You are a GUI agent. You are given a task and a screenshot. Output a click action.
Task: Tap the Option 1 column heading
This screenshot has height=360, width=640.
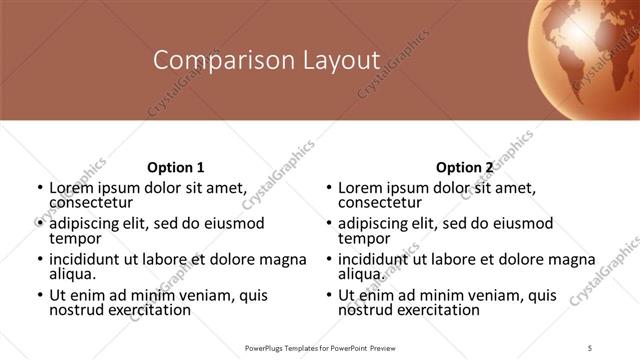pos(175,167)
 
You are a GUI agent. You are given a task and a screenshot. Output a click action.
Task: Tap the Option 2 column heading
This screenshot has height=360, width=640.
pos(464,167)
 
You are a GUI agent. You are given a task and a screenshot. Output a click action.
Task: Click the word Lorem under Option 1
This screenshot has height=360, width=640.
pos(71,187)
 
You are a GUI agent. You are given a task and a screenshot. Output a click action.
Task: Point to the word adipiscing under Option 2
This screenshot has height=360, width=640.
pos(376,223)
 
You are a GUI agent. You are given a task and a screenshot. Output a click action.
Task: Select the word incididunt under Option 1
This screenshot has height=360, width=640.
pos(88,259)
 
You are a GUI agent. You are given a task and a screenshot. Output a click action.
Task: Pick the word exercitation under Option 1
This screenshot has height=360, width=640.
pos(148,310)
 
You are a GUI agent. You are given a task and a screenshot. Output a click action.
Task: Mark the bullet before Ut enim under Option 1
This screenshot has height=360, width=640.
pos(38,296)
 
